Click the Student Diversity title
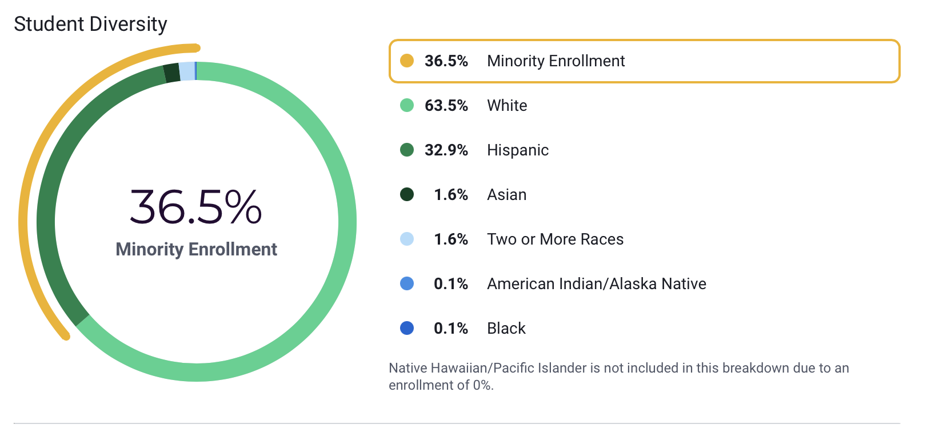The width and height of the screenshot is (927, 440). pyautogui.click(x=90, y=24)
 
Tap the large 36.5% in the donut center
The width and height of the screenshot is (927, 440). pyautogui.click(x=196, y=206)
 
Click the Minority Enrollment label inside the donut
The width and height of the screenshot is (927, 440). pyautogui.click(x=196, y=249)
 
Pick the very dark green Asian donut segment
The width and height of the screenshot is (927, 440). pyautogui.click(x=171, y=73)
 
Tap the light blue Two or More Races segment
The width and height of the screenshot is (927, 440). pyautogui.click(x=187, y=71)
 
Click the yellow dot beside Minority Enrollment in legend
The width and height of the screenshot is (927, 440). pyautogui.click(x=407, y=61)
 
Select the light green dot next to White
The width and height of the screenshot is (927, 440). pyautogui.click(x=407, y=105)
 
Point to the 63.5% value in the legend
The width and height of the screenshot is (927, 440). pyautogui.click(x=446, y=105)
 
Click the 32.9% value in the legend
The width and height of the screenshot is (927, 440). pyautogui.click(x=446, y=150)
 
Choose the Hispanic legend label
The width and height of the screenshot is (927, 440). pyautogui.click(x=518, y=150)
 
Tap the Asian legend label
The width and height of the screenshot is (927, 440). pyautogui.click(x=506, y=194)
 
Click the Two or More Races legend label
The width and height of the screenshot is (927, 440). pyautogui.click(x=555, y=239)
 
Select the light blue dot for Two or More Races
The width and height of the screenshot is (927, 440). pyautogui.click(x=407, y=239)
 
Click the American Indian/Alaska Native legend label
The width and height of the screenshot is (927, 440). pyautogui.click(x=597, y=283)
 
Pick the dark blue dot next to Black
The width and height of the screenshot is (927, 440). pyautogui.click(x=407, y=328)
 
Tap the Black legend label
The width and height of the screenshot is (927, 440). pyautogui.click(x=506, y=328)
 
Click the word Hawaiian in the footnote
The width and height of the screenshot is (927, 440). pyautogui.click(x=460, y=368)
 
